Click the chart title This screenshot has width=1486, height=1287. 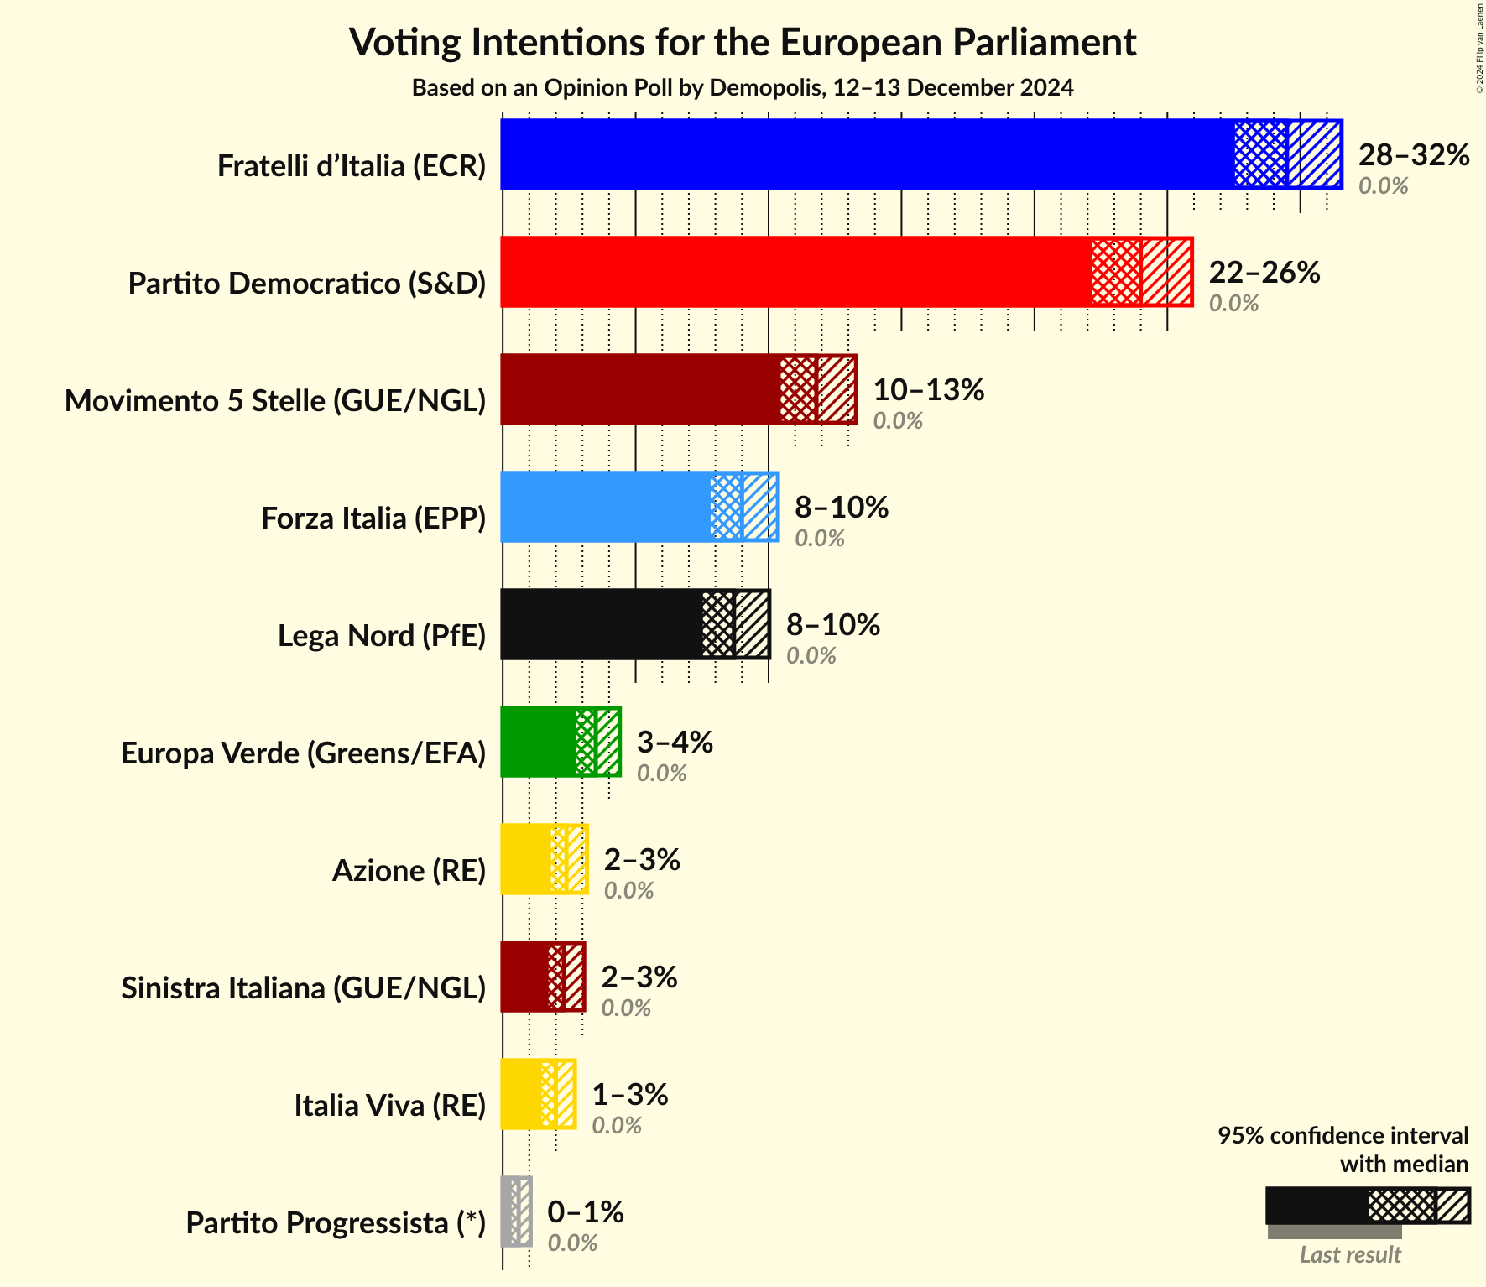point(743,42)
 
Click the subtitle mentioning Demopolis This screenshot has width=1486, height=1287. point(743,88)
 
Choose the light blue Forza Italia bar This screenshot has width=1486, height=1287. point(604,507)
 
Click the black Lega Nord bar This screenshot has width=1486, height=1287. point(600,624)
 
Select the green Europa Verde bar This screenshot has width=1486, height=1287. point(538,742)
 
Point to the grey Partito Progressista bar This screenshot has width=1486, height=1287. point(516,1211)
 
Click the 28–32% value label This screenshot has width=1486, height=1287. point(1414,155)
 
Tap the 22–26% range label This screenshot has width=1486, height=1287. point(1264,273)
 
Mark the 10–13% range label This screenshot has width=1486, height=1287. point(928,390)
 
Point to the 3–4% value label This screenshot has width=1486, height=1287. point(675,742)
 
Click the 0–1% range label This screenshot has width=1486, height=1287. point(586,1212)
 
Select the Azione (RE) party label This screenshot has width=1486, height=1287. point(409,871)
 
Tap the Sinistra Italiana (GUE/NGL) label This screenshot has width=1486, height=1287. point(303,988)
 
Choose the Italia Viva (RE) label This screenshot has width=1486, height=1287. point(389,1106)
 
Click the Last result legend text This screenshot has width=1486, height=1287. point(1350,1255)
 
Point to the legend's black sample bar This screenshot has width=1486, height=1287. point(1316,1206)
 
